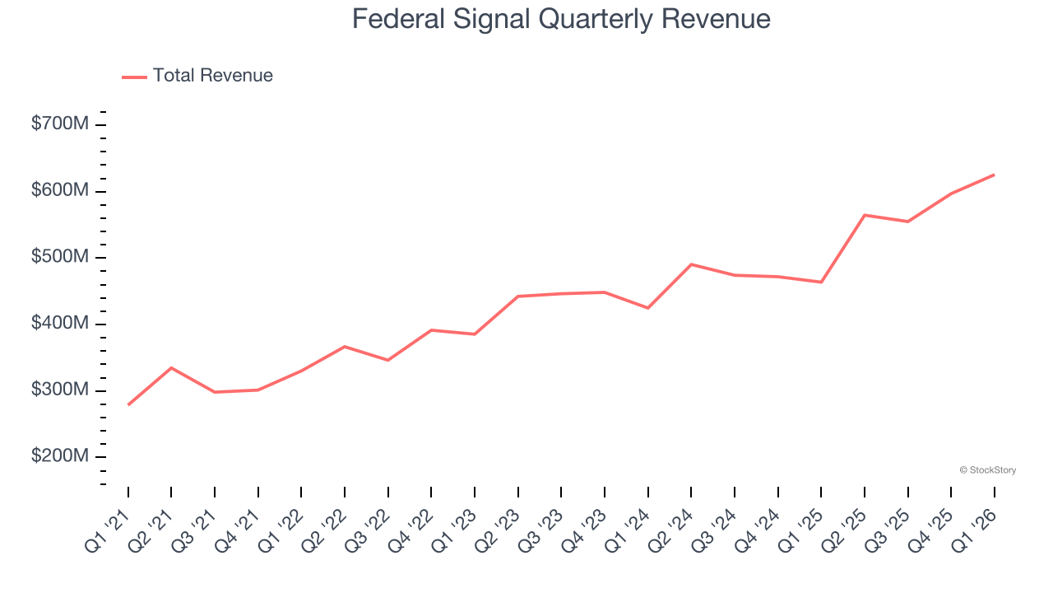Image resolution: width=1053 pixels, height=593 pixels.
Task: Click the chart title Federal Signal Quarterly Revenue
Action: [x=561, y=19]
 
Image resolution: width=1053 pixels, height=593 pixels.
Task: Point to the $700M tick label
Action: [x=60, y=124]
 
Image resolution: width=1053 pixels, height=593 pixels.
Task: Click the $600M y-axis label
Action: [x=60, y=191]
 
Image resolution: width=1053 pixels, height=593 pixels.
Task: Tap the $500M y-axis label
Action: [x=60, y=257]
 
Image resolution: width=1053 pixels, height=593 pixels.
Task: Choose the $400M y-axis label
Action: [x=60, y=324]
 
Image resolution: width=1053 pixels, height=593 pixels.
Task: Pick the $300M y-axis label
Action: [x=60, y=390]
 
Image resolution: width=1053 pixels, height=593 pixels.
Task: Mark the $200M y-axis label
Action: [x=60, y=456]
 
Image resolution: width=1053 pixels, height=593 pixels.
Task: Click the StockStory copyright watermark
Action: [x=987, y=470]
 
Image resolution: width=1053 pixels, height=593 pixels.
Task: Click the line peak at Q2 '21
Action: [x=171, y=367]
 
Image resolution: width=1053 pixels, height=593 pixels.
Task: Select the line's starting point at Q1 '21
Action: [x=128, y=404]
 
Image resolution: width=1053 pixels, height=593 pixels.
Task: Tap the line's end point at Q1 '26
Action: [x=994, y=175]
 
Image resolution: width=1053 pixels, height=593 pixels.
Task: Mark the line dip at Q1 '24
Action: [x=648, y=308]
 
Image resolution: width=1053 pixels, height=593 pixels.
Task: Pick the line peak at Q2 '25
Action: [x=865, y=215]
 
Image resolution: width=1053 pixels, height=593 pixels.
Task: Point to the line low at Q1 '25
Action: [x=821, y=282]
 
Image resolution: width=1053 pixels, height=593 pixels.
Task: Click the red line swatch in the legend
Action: [x=134, y=77]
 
